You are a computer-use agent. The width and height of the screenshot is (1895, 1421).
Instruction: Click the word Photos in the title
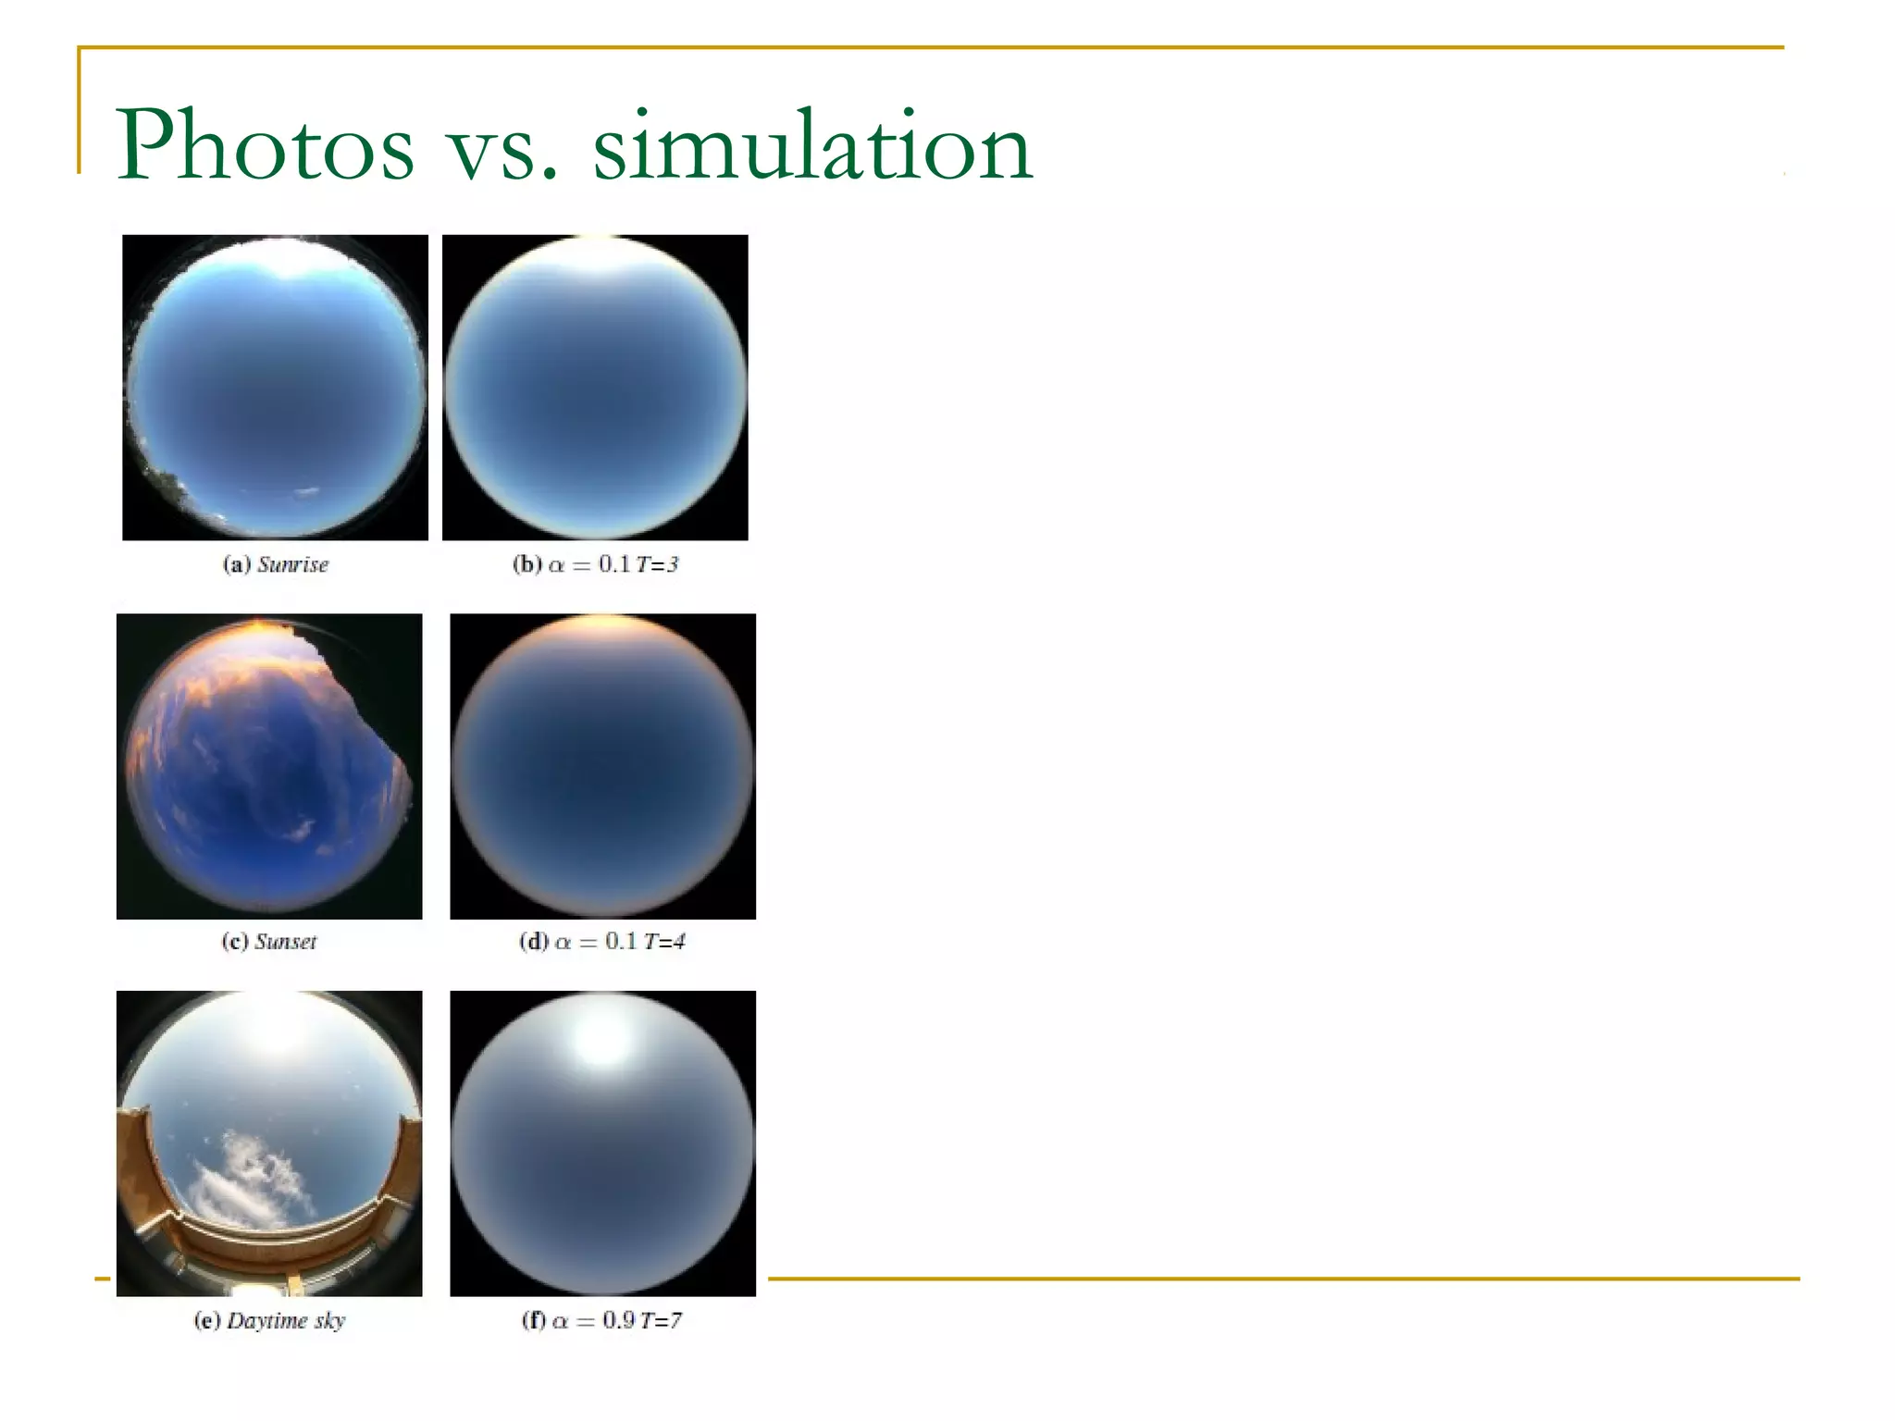[265, 146]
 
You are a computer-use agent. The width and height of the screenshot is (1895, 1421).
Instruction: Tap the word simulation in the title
[811, 146]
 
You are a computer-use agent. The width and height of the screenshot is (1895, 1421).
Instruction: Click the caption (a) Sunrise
[276, 564]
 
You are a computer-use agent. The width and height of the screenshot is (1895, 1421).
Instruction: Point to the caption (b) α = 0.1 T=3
[595, 564]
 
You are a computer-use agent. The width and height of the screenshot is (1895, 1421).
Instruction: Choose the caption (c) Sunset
[269, 942]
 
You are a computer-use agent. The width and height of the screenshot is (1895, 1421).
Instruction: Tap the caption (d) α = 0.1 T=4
[602, 942]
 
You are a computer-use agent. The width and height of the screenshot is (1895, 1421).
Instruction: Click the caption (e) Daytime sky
[269, 1320]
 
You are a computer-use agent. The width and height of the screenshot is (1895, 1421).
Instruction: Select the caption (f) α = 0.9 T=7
[602, 1320]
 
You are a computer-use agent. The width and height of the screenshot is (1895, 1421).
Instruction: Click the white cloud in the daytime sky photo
[250, 1175]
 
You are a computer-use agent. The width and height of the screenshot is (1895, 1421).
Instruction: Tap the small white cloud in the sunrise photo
[306, 493]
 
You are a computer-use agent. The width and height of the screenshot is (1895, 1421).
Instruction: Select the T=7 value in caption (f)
[662, 1320]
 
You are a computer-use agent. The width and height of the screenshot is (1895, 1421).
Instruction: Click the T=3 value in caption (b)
[658, 564]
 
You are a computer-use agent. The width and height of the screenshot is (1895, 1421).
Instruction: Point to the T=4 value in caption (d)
[665, 942]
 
